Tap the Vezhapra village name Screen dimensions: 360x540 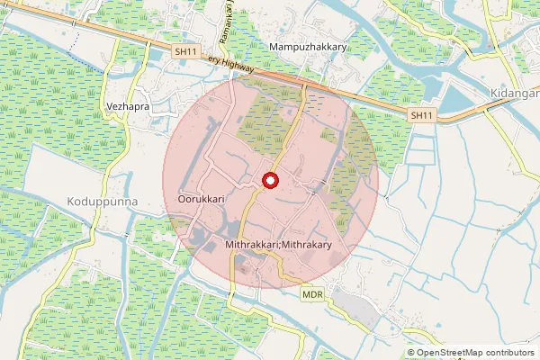(127, 104)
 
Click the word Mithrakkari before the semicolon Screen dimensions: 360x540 (252, 245)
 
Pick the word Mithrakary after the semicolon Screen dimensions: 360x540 (307, 245)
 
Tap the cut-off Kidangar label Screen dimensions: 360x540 (515, 94)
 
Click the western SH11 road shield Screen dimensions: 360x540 (185, 52)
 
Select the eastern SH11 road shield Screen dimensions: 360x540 (420, 115)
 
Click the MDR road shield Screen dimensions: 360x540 (312, 294)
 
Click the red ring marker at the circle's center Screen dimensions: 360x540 (269, 181)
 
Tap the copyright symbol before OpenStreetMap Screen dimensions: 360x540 (411, 352)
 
